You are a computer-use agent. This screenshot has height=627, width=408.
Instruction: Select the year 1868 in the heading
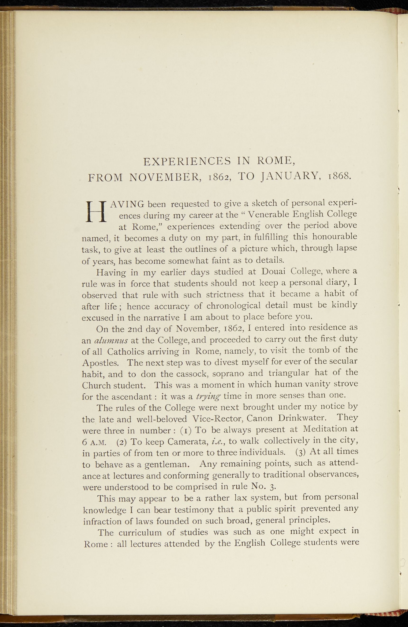point(339,176)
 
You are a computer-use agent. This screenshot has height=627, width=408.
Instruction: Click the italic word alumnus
point(111,341)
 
